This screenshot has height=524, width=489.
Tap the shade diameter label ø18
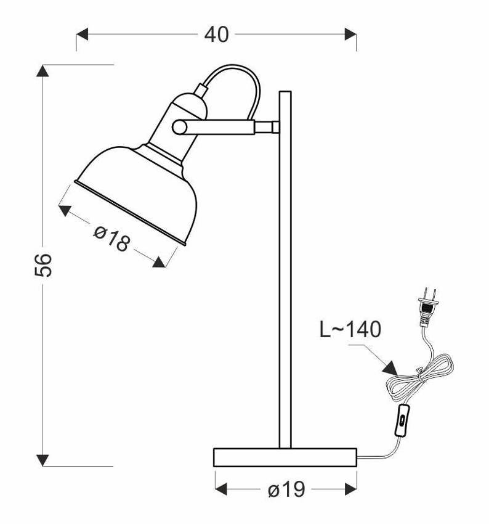pos(111,239)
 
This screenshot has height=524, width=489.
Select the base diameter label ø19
pos(286,490)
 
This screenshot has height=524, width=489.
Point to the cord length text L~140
pos(350,330)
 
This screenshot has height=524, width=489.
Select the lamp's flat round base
pos(285,457)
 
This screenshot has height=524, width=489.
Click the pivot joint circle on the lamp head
pos(179,127)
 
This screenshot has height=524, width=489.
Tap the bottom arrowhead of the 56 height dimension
pos(42,459)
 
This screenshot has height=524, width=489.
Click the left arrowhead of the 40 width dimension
pos(83,34)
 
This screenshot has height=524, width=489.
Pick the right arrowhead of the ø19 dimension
pos(351,490)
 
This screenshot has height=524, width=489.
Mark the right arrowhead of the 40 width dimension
pos(350,34)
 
